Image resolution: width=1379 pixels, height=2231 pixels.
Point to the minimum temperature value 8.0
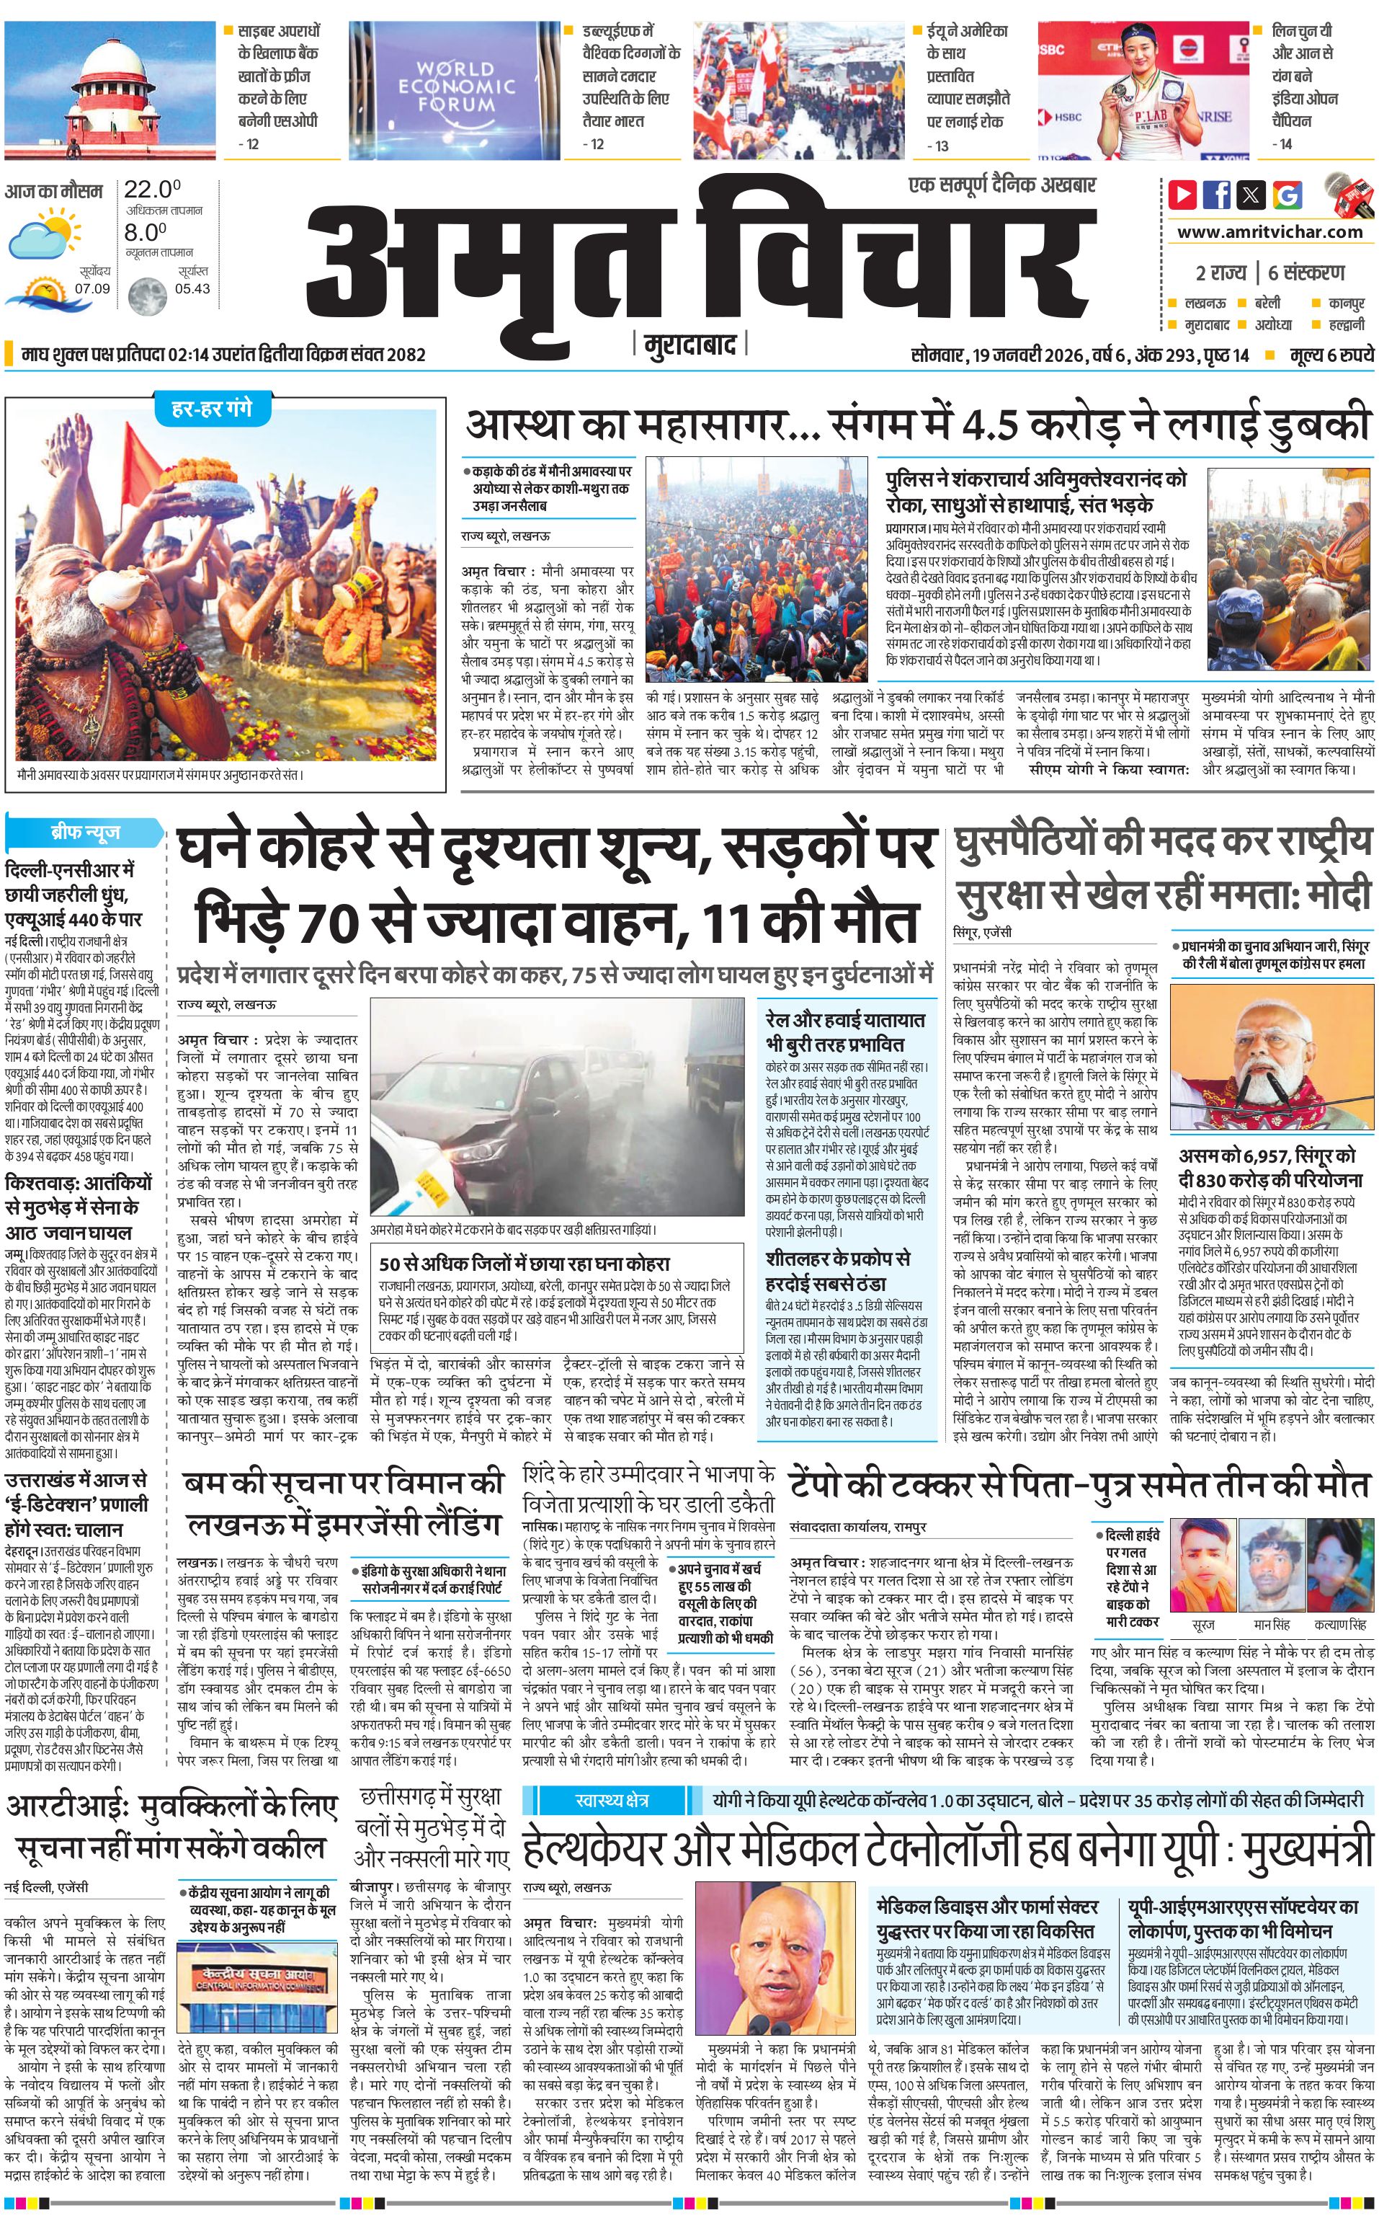coord(146,232)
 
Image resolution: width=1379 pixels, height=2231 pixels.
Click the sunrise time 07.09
coord(92,288)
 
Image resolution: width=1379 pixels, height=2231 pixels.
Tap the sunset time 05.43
coord(192,288)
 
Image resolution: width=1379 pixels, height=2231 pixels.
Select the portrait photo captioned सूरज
coord(1202,1569)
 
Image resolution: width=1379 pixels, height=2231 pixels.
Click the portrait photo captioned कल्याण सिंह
coord(1340,1569)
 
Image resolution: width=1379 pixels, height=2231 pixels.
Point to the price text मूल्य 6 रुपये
coord(1331,355)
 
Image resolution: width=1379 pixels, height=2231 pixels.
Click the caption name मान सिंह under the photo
coord(1272,1625)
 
